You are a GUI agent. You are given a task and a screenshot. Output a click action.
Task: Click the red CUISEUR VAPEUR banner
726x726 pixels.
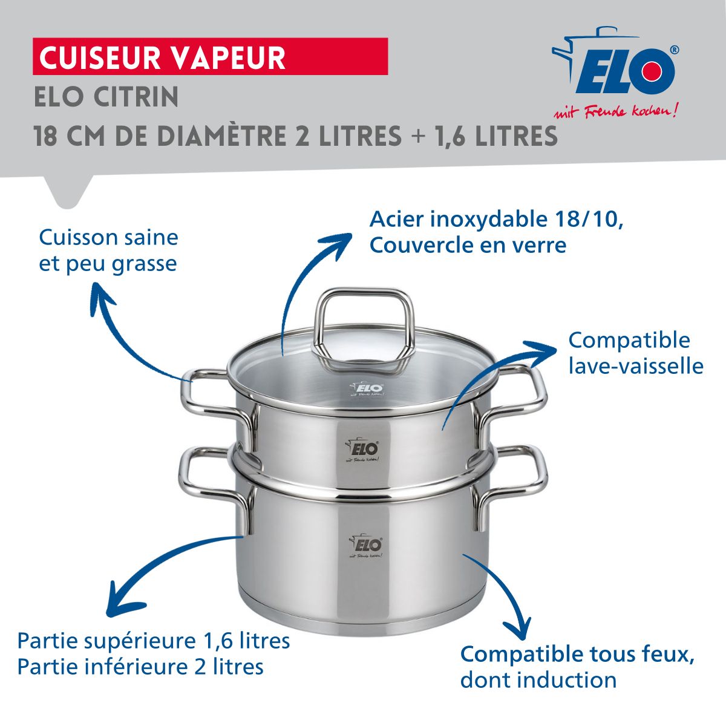tap(209, 57)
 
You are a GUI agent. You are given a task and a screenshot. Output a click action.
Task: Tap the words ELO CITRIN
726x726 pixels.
tap(106, 97)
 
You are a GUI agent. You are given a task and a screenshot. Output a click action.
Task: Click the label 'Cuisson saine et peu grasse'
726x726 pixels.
tap(108, 250)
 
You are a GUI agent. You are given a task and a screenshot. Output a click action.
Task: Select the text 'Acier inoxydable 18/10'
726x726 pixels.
tap(496, 219)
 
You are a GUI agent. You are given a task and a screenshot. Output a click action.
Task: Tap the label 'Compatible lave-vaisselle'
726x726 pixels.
tap(635, 353)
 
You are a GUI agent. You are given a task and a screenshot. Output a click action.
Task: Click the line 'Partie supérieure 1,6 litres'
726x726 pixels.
tap(154, 641)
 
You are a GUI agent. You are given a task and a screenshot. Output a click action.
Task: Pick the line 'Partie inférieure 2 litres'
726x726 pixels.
tap(140, 667)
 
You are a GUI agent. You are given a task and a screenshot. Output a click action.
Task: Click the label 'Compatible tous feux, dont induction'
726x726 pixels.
tap(577, 667)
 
